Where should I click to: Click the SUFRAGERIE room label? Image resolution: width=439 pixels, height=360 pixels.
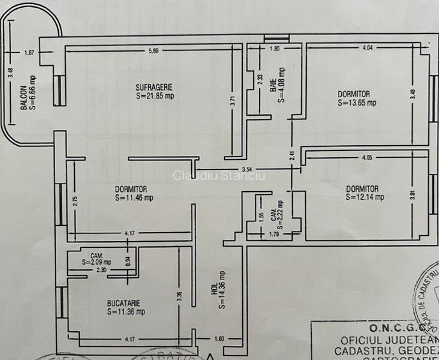(x=154, y=87)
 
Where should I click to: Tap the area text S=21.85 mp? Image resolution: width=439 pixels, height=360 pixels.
(x=155, y=96)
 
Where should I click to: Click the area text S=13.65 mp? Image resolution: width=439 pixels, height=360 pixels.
(x=357, y=102)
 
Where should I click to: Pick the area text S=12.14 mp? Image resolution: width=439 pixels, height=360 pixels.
(x=365, y=198)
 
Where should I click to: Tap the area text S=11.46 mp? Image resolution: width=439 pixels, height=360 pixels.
(x=134, y=198)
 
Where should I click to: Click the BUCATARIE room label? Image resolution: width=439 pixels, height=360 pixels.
(x=125, y=303)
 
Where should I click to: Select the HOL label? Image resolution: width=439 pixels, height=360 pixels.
(x=214, y=290)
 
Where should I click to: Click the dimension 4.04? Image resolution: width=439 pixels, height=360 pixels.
(x=368, y=48)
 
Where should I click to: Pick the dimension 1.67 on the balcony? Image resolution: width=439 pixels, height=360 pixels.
(x=29, y=54)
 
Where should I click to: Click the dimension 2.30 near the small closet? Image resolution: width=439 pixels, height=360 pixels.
(x=102, y=270)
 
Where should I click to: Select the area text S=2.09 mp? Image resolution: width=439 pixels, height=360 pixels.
(x=96, y=262)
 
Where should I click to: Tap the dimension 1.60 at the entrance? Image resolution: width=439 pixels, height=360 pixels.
(x=219, y=339)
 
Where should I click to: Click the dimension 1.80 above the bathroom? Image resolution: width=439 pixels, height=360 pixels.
(x=275, y=49)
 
